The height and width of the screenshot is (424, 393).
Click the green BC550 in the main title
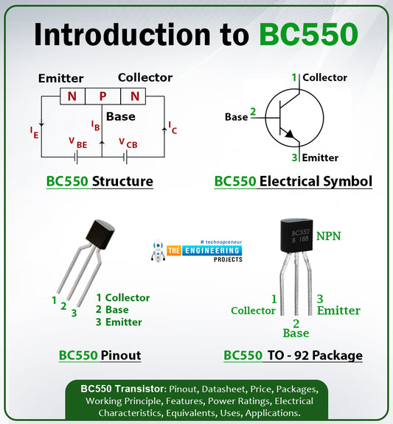[x=309, y=35]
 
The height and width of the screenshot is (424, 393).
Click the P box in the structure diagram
[x=102, y=96]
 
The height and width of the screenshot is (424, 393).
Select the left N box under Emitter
[x=72, y=96]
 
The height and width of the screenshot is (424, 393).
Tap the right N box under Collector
[x=134, y=96]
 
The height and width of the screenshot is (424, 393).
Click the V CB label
[x=128, y=143]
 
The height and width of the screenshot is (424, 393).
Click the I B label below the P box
[x=95, y=126]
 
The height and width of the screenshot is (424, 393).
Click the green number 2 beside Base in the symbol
[x=253, y=112]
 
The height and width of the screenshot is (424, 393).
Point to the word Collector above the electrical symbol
[x=324, y=77]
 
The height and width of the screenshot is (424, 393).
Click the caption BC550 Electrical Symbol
[x=293, y=181]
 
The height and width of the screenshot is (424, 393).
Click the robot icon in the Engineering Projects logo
[x=157, y=251]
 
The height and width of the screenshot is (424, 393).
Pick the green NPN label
[x=330, y=236]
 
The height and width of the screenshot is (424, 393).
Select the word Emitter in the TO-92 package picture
[x=338, y=311]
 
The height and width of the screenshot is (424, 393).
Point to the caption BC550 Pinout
[x=100, y=356]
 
